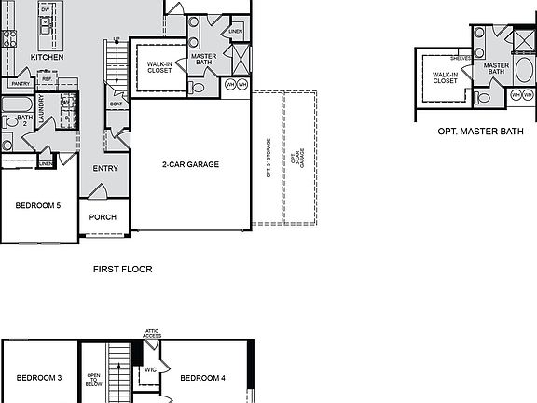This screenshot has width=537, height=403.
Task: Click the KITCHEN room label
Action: point(47,57)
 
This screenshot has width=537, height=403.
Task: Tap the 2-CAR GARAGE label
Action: point(190,164)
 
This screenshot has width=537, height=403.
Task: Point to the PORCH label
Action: point(103,217)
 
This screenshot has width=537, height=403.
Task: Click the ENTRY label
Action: point(105,168)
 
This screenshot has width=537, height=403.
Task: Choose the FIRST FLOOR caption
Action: point(122,269)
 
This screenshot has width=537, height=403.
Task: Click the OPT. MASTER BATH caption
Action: point(480,132)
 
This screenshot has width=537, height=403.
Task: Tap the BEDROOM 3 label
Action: point(39,378)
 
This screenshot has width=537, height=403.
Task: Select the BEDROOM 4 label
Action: point(202,378)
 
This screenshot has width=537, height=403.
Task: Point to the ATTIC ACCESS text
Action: point(152,333)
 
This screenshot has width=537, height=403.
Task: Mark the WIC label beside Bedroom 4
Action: point(150,369)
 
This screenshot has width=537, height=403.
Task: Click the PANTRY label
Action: point(21,82)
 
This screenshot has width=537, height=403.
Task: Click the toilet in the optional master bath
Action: point(481,97)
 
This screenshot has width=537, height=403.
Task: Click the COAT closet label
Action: point(116,104)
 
